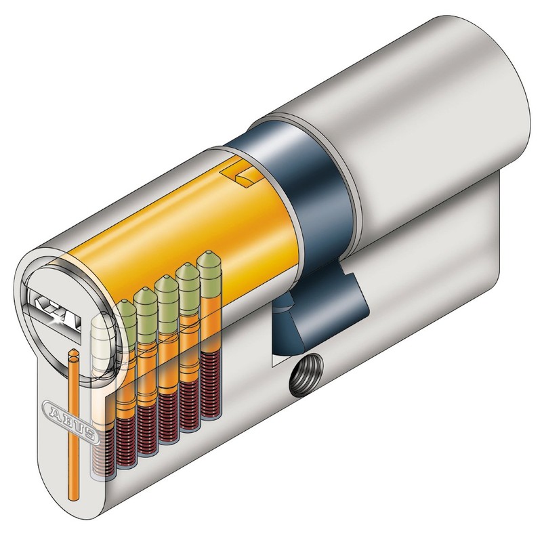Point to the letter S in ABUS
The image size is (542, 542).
tap(93, 435)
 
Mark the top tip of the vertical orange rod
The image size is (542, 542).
tap(72, 353)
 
